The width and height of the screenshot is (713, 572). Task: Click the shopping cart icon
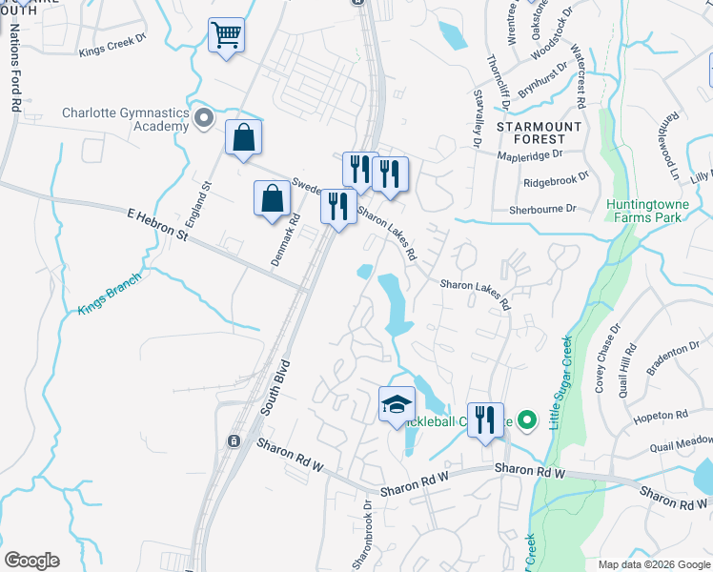point(226,36)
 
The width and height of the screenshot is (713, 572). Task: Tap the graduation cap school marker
point(397,405)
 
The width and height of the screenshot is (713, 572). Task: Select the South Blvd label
point(275,391)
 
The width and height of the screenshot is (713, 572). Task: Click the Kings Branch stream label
point(109,294)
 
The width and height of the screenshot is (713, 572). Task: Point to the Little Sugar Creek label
point(560,381)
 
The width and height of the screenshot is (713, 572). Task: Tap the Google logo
point(31,561)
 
